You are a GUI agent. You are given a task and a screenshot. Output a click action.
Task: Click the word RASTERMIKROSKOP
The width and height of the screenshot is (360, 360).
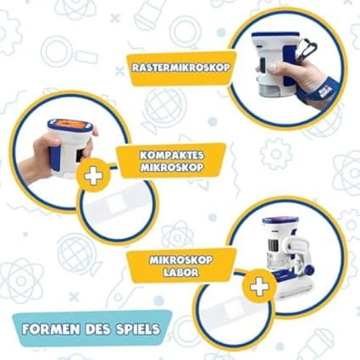181,67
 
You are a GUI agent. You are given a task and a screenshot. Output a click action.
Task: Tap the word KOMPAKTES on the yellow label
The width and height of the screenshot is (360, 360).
172,155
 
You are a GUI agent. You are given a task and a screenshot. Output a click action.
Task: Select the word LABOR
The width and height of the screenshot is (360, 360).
181,272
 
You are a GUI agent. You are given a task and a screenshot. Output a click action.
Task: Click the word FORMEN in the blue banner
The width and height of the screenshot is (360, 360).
52,329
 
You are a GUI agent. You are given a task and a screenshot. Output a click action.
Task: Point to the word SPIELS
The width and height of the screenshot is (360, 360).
138,329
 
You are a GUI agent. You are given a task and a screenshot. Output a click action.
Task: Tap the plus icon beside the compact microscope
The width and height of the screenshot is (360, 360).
94,176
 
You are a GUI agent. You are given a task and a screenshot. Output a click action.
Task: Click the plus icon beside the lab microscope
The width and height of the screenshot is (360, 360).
260,287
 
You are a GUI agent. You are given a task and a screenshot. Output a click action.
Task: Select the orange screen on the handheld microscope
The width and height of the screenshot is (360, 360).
71,125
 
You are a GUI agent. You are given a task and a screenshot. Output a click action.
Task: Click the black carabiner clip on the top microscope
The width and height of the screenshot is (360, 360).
307,49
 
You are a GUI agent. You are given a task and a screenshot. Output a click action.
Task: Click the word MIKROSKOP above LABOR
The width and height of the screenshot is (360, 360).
181,260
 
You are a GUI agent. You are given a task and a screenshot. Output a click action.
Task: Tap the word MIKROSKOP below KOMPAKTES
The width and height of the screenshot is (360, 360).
172,167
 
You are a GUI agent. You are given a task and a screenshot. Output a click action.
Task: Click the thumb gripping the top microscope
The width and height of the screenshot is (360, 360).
273,68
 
